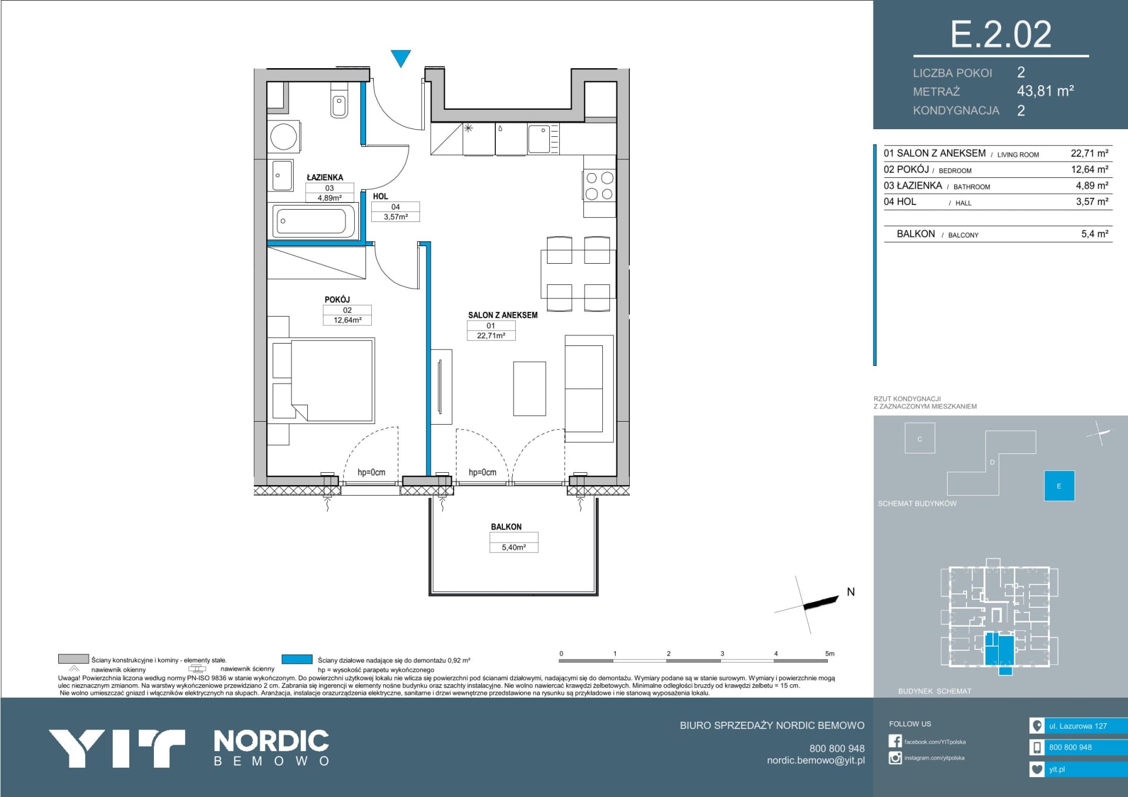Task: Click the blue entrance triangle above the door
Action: (401, 58)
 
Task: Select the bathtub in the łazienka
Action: (312, 221)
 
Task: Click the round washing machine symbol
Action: (284, 137)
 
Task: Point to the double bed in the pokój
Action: (323, 379)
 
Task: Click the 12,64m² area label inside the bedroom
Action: (347, 320)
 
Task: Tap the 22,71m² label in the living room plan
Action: (491, 335)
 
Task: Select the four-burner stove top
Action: (599, 186)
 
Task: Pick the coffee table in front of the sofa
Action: (529, 388)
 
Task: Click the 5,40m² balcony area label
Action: (513, 547)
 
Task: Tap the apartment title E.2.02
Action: (1001, 34)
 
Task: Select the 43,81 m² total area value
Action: (1045, 91)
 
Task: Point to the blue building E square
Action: (1059, 486)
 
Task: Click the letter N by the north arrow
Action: (851, 592)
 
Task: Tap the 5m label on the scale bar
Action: (830, 653)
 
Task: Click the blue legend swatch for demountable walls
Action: (297, 660)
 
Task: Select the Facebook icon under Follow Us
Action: (895, 741)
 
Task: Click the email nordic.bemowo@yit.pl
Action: (815, 760)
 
